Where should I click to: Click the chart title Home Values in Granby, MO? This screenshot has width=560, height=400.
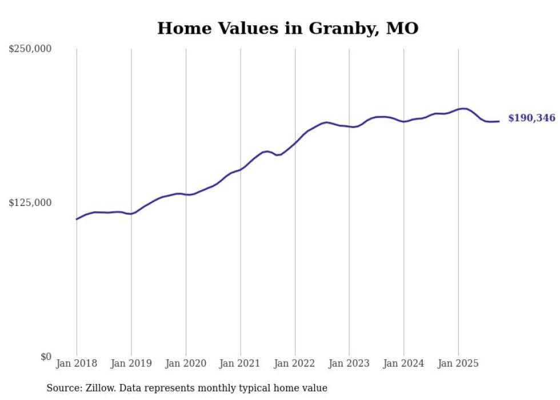click(x=287, y=28)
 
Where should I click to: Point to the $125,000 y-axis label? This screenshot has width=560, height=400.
click(x=30, y=203)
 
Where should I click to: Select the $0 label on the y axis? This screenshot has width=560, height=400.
click(x=46, y=357)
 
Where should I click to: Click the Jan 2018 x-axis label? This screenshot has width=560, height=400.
click(x=77, y=363)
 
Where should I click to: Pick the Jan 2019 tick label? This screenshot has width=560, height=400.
click(x=131, y=363)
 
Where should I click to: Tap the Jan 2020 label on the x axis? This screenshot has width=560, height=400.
click(x=186, y=363)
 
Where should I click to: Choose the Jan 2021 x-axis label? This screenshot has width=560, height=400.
click(x=240, y=363)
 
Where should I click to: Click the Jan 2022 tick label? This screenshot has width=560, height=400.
click(x=295, y=363)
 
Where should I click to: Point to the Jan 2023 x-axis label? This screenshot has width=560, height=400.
click(x=349, y=363)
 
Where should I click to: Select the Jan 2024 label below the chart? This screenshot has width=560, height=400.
click(x=403, y=363)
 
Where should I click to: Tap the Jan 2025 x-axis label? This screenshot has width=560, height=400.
click(x=458, y=363)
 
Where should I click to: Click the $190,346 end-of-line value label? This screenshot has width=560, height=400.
click(x=531, y=118)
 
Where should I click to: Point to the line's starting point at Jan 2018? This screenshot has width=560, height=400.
click(x=77, y=219)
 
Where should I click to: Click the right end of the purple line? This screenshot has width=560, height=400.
click(x=499, y=121)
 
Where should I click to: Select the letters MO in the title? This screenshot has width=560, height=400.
click(x=402, y=28)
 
